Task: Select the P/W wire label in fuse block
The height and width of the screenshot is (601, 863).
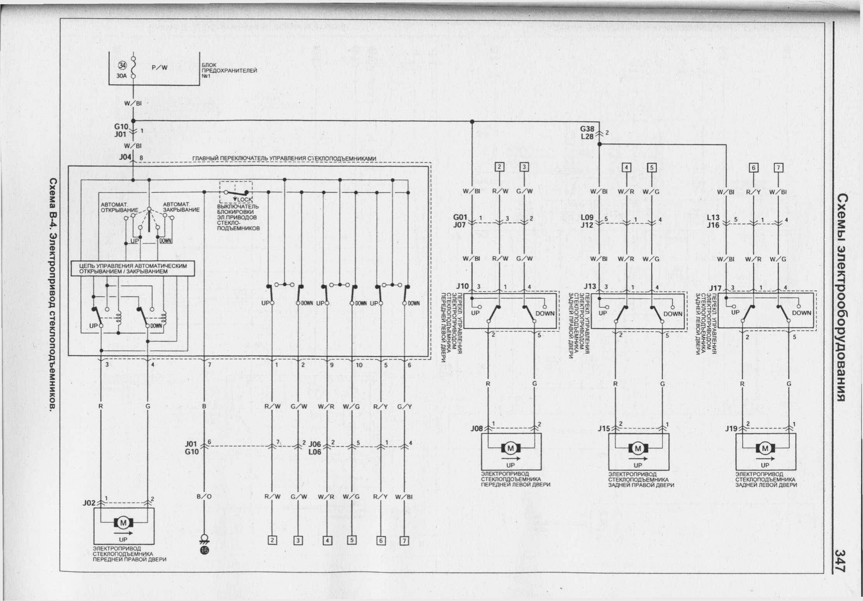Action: coord(159,67)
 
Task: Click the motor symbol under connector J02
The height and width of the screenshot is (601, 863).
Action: coord(123,523)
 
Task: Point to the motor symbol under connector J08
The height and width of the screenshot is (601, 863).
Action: coord(511,448)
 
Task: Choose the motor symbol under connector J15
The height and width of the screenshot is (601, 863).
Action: coord(638,449)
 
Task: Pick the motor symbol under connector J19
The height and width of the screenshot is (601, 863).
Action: coord(765,449)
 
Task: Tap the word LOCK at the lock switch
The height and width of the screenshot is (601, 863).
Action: coord(245,200)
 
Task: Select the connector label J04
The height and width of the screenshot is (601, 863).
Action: coord(126,157)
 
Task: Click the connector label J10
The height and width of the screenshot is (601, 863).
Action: coord(462,286)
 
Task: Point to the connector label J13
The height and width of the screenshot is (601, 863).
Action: coord(590,286)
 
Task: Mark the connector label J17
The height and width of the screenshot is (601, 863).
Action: coord(715,288)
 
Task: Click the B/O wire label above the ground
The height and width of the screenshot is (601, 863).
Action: coord(204,496)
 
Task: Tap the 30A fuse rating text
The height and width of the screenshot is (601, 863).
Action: coord(122,76)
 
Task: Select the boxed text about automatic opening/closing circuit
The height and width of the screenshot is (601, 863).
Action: coord(133,268)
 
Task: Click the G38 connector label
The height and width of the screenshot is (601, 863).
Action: coord(587,129)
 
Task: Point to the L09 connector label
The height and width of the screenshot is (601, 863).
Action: coord(587,218)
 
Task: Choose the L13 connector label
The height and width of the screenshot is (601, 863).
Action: coord(714,218)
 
